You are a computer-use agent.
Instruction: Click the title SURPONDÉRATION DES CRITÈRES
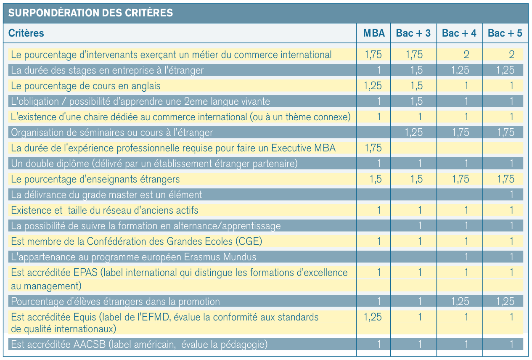[x=90, y=13]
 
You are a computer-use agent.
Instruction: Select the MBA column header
[x=374, y=33]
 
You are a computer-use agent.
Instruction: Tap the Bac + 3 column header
[x=413, y=33]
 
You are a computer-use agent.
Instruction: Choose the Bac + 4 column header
[x=459, y=33]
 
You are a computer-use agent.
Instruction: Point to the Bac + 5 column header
[x=505, y=33]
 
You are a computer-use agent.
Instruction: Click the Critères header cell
[x=26, y=33]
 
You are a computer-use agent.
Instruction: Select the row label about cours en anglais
[x=86, y=86]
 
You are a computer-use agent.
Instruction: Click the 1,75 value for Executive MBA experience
[x=373, y=148]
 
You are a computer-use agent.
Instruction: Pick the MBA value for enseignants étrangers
[x=376, y=179]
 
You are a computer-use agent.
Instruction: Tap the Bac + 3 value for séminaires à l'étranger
[x=414, y=132]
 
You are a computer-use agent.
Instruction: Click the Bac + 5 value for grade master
[x=511, y=195]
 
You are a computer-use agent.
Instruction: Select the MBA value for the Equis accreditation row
[x=373, y=317]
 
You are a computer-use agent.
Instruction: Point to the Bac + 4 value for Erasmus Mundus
[x=466, y=257]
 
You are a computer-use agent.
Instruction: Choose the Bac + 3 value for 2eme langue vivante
[x=417, y=101]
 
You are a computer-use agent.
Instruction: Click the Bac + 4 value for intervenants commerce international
[x=466, y=55]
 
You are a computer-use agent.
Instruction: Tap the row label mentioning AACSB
[x=139, y=344]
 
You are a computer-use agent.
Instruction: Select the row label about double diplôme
[x=154, y=164]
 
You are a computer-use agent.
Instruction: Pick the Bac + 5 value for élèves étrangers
[x=506, y=302]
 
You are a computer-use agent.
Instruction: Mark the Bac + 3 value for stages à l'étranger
[x=417, y=70]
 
